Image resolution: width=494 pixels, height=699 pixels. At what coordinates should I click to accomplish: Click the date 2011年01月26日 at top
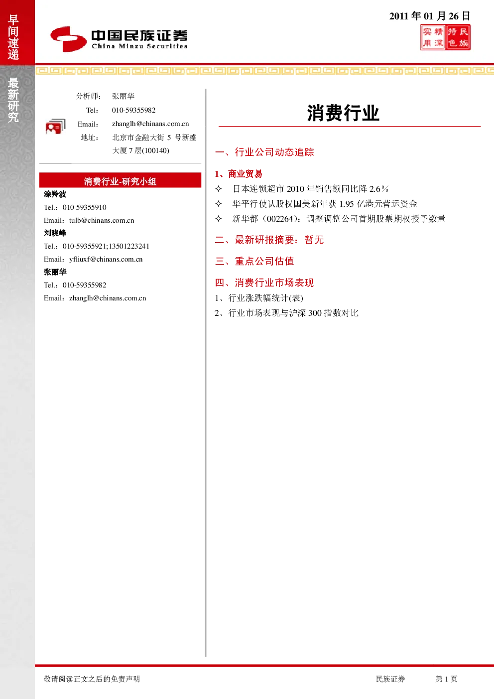click(429, 15)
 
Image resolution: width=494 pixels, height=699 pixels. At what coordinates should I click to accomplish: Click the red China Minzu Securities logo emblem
click(68, 39)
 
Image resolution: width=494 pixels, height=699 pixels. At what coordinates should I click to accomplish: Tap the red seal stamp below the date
click(445, 37)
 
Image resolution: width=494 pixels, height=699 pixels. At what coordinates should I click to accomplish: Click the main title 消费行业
click(343, 113)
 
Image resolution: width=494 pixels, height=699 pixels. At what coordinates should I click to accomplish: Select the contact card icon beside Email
click(55, 127)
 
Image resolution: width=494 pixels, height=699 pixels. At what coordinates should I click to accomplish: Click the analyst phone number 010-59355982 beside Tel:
click(133, 110)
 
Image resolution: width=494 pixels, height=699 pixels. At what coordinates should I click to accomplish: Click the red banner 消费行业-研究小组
click(120, 180)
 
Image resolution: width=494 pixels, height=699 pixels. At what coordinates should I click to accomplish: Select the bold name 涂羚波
click(55, 194)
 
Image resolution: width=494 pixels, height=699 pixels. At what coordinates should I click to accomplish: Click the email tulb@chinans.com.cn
click(102, 220)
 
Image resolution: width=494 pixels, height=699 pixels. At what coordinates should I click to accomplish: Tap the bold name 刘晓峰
click(55, 233)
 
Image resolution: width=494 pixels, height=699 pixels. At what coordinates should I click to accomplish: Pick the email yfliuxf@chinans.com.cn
click(106, 259)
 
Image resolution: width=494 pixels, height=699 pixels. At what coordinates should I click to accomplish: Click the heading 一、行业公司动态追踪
click(264, 152)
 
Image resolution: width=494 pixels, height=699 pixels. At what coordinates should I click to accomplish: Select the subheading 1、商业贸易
click(239, 174)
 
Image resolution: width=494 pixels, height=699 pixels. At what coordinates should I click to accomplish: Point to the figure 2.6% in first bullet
click(379, 189)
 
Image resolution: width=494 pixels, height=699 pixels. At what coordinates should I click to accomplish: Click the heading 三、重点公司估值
click(254, 261)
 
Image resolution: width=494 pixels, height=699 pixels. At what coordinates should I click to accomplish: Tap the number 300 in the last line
click(315, 313)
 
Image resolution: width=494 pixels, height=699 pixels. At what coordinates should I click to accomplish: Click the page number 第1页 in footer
click(446, 679)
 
